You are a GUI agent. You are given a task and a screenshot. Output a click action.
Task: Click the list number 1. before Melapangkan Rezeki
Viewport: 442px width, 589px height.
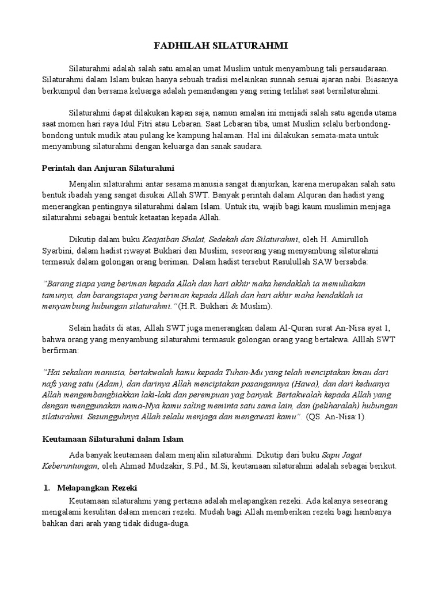(x=47, y=488)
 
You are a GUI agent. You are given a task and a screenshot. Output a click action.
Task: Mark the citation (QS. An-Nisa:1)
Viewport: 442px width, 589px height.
(x=337, y=417)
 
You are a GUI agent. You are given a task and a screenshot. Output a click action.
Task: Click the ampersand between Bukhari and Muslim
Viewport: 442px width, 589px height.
(x=230, y=306)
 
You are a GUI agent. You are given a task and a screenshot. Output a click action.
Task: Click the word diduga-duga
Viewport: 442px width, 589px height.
(x=165, y=525)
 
